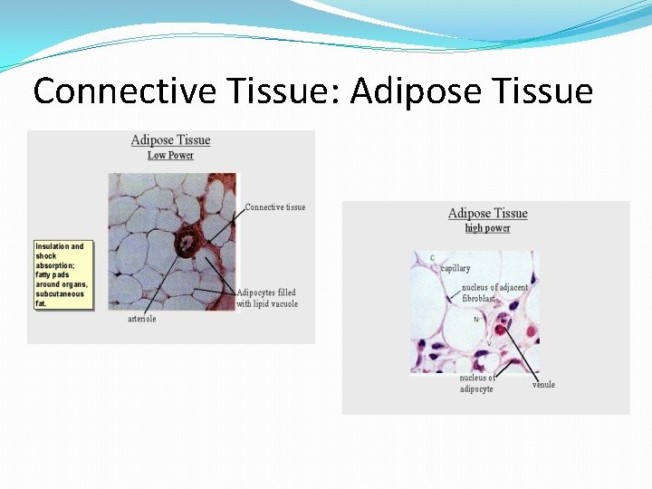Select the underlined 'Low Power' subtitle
(x=170, y=155)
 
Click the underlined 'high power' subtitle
(x=487, y=228)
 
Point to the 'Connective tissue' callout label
(x=275, y=207)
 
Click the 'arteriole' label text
(x=141, y=319)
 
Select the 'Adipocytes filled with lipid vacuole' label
(x=267, y=298)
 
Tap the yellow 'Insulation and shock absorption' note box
(x=62, y=274)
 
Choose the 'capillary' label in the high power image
(x=455, y=268)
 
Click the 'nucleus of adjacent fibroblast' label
(x=494, y=292)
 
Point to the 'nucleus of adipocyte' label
(x=477, y=383)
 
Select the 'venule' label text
(x=543, y=385)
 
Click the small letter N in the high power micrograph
(x=476, y=320)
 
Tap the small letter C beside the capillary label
(x=433, y=258)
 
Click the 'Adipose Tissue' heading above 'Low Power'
(x=170, y=139)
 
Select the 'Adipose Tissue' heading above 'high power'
(x=487, y=213)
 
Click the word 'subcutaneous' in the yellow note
(x=60, y=294)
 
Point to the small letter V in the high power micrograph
(x=489, y=344)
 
